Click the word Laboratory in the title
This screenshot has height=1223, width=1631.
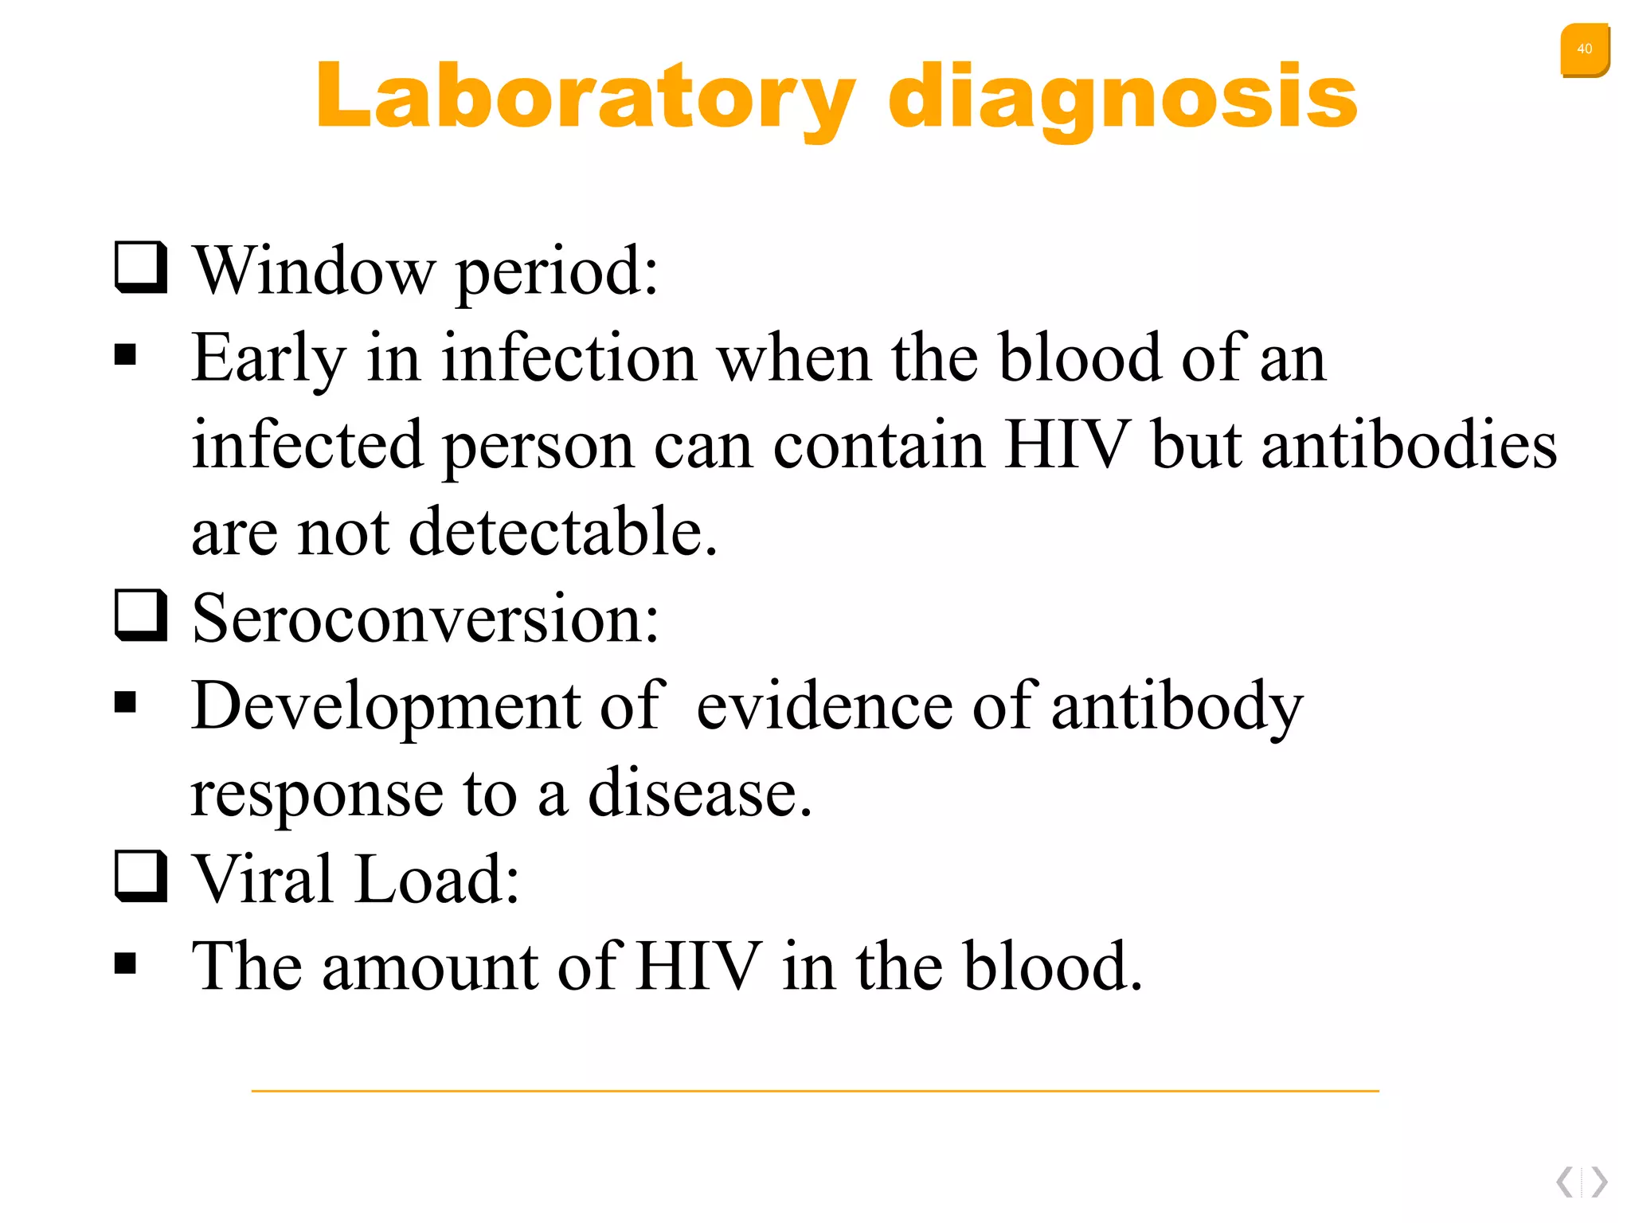585,97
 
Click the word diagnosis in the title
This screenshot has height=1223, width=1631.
1122,97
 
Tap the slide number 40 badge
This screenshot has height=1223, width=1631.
1584,49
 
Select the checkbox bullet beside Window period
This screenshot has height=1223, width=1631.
141,268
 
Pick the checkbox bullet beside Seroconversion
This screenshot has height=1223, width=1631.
141,615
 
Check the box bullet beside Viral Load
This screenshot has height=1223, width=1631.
141,876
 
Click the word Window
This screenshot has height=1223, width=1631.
315,271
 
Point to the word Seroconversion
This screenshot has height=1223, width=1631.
425,619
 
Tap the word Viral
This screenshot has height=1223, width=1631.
263,879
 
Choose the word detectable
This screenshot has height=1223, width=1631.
562,531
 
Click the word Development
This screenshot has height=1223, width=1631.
385,706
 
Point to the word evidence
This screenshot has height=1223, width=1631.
823,706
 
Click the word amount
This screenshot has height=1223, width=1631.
429,967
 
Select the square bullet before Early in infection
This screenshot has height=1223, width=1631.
125,354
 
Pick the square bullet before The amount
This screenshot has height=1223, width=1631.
125,963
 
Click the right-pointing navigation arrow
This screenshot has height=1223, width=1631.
1599,1182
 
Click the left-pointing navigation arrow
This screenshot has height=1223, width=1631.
1565,1182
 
